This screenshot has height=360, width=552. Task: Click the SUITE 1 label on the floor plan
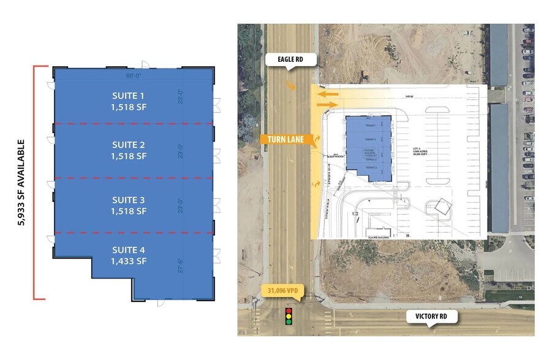pos(129,96)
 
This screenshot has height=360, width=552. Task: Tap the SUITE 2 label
pos(129,145)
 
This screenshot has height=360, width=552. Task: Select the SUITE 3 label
pos(129,200)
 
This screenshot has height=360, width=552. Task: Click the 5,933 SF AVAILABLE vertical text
pos(22,182)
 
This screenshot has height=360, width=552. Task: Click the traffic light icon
pos(289,317)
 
